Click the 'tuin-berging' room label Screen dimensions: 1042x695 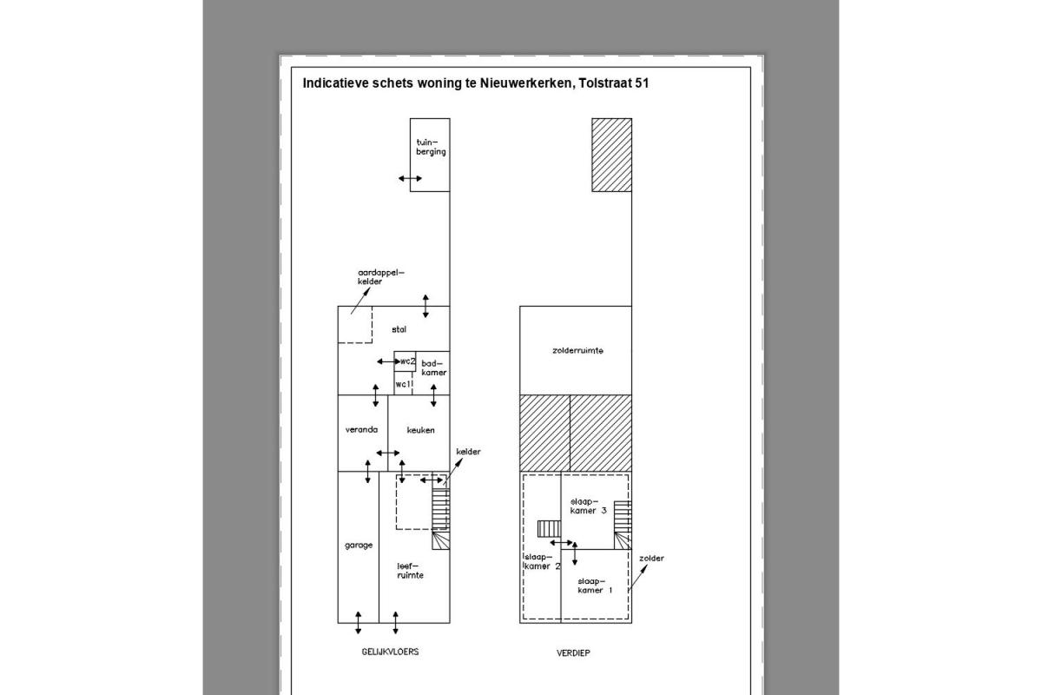click(431, 147)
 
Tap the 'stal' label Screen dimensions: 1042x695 click(399, 329)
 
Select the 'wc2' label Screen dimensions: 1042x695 click(407, 361)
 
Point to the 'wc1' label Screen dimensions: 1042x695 click(404, 385)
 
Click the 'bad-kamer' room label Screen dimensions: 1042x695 click(433, 367)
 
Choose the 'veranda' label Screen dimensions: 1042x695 click(361, 430)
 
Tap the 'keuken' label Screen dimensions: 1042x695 click(420, 430)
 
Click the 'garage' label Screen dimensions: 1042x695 click(359, 545)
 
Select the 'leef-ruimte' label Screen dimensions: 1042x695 click(410, 571)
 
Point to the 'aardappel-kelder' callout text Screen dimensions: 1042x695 click(381, 277)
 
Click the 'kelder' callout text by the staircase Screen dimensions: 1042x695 click(468, 452)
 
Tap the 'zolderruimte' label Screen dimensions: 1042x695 click(577, 350)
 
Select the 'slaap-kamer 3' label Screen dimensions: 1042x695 click(589, 506)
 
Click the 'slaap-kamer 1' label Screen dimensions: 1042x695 click(595, 586)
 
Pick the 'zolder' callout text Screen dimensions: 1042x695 click(651, 558)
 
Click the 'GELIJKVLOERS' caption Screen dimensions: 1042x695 click(390, 652)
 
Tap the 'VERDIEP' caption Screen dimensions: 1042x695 click(573, 653)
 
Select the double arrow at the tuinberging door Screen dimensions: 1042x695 click(410, 178)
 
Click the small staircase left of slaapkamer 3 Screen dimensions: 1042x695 click(549, 529)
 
